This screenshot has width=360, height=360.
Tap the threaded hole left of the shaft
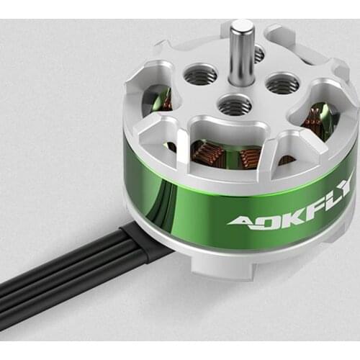pyautogui.click(x=200, y=73)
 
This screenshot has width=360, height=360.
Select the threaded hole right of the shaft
pyautogui.click(x=282, y=84)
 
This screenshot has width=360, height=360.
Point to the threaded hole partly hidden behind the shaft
pyautogui.click(x=257, y=53)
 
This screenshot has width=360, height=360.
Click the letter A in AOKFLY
pyautogui.click(x=240, y=220)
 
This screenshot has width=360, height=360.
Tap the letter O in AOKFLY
pyautogui.click(x=261, y=217)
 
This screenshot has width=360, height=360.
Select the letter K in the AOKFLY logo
pyautogui.click(x=282, y=214)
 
